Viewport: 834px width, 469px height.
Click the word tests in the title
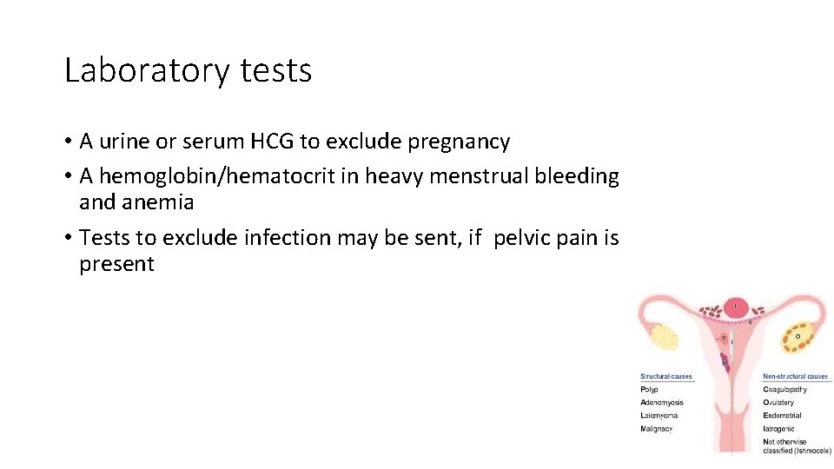point(275,70)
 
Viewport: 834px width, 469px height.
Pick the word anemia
point(164,202)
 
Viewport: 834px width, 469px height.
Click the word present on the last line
point(116,264)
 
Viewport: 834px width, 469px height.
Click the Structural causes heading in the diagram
point(666,377)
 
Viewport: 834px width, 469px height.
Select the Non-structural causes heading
point(796,377)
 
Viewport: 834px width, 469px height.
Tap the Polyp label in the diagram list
point(649,389)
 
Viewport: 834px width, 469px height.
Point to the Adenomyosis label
point(662,402)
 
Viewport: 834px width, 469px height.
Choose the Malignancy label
point(657,428)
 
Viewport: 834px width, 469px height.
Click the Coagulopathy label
point(785,389)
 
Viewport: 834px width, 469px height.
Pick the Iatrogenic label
point(779,428)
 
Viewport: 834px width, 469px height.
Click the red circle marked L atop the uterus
point(736,307)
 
